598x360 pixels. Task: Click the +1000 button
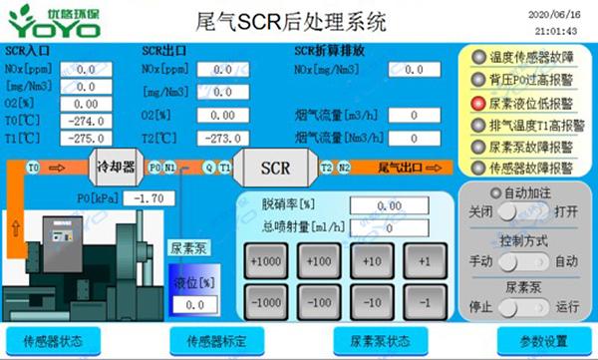266,261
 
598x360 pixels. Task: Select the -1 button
426,299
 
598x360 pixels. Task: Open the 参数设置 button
543,340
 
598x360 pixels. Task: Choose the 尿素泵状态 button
380,340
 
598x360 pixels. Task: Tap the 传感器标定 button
216,340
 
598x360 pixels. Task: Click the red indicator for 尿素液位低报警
478,102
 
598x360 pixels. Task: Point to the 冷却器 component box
115,168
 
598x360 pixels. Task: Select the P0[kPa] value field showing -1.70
151,198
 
